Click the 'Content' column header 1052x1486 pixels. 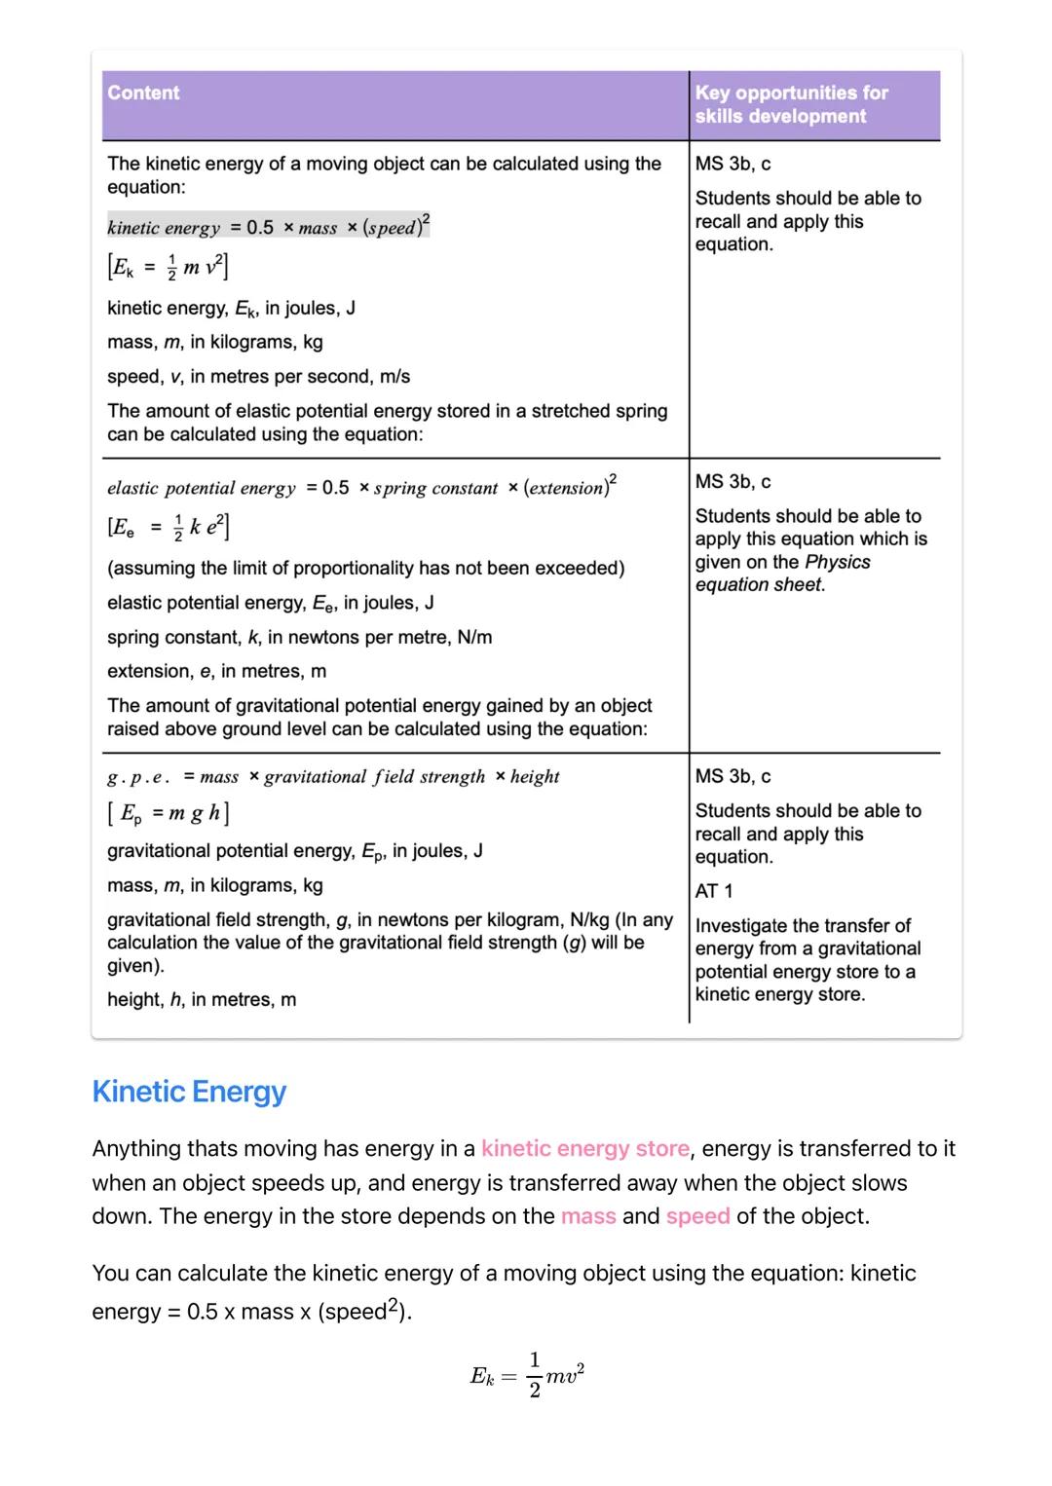pos(143,93)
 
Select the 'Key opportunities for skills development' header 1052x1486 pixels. pos(791,104)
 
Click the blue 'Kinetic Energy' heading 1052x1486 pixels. pos(189,1092)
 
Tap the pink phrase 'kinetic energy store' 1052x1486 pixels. pos(585,1149)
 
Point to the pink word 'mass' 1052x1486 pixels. pos(588,1216)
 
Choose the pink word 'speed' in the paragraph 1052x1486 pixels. pos(697,1216)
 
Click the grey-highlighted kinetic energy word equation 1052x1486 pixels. pos(268,227)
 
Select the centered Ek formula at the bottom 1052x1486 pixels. pos(527,1374)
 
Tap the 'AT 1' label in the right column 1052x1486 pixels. pos(714,891)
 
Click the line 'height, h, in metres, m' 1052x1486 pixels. pos(202,1000)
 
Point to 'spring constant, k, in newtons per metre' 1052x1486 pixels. pos(299,638)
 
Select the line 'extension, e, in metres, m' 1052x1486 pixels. pos(216,672)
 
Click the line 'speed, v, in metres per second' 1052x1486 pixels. pos(258,377)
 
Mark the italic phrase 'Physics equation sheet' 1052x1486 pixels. pos(782,574)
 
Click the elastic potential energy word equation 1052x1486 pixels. pos(361,487)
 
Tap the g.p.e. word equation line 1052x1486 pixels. pos(333,777)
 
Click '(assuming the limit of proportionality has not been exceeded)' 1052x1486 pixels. pos(365,569)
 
